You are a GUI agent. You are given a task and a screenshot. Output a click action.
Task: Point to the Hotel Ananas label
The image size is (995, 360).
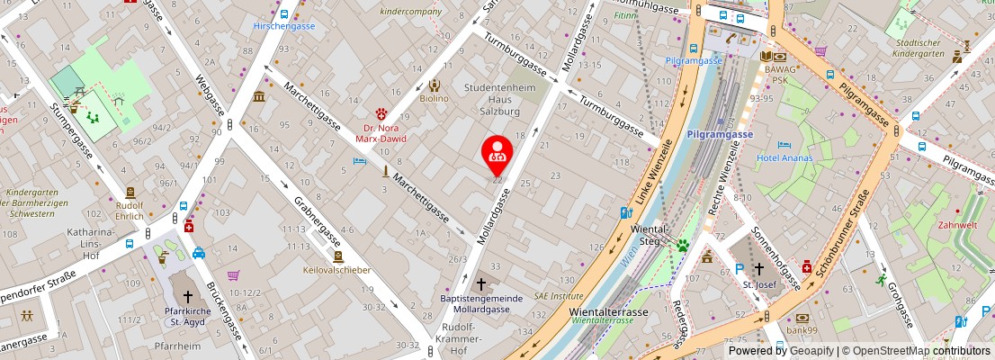[x=784, y=158]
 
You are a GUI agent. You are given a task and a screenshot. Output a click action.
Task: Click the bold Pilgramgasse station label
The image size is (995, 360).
[x=719, y=134]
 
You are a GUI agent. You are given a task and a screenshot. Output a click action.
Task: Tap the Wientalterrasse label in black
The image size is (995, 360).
[x=609, y=312]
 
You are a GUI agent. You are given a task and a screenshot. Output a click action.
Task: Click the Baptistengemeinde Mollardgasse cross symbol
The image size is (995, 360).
[x=480, y=283]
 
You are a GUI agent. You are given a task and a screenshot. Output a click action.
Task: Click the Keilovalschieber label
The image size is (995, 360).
[x=337, y=269]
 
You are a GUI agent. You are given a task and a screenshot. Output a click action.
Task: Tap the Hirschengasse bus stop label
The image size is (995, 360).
[x=283, y=27]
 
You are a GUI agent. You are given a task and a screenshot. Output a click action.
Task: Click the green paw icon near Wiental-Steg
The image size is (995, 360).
[x=683, y=245]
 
